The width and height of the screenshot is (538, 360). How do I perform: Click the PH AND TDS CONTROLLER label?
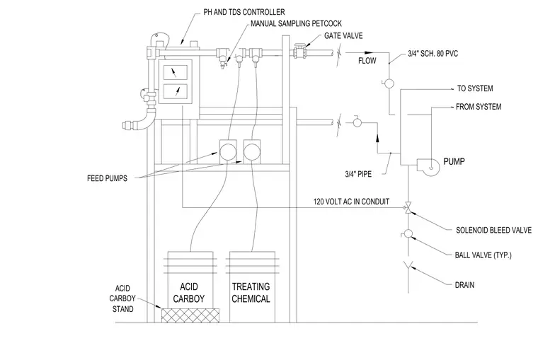pos(244,12)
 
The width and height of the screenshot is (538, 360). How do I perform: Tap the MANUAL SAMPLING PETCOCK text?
pos(296,23)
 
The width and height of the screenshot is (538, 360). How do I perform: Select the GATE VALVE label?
pos(343,35)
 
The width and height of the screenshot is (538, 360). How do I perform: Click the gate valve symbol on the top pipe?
pos(300,52)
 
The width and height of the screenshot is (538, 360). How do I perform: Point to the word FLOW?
pos(367,61)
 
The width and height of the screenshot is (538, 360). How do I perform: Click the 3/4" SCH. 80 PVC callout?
pos(433,54)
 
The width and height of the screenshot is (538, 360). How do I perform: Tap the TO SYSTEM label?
pos(475,88)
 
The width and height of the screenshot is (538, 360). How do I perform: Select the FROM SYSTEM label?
pos(479,107)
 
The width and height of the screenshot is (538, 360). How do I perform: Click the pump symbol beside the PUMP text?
pos(428,167)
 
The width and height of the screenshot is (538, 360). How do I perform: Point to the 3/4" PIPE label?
pos(358,174)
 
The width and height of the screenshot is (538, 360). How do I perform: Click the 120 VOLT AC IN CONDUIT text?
pos(351,202)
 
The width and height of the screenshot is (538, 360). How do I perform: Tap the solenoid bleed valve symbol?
pos(408,208)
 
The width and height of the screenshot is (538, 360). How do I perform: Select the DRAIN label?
pos(464,285)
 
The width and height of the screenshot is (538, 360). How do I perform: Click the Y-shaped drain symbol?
pos(408,265)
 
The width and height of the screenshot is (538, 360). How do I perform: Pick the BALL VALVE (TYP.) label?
pos(483,255)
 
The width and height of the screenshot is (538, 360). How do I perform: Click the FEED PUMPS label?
pos(107,178)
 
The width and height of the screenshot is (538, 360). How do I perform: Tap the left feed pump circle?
pos(228,151)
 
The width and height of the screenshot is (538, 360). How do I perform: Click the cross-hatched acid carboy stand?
pos(190,315)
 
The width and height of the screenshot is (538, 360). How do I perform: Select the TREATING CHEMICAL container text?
pos(251,293)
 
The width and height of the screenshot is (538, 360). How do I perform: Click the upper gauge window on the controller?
pos(176,72)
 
